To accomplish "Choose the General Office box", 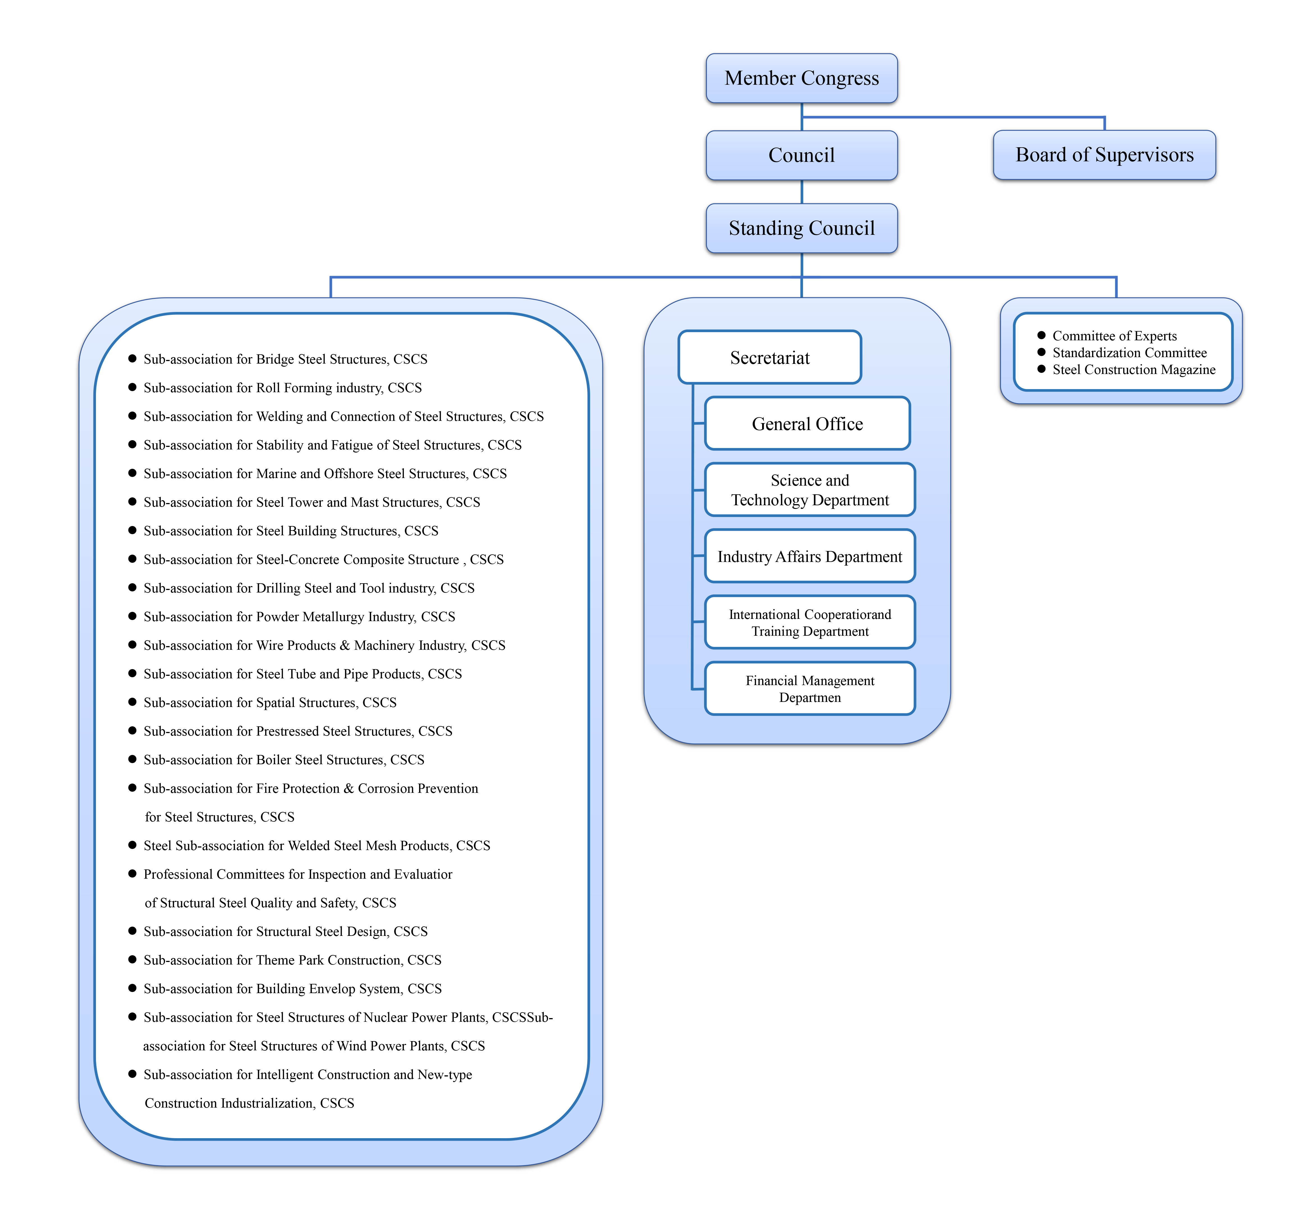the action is click(808, 423).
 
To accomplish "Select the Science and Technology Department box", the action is click(810, 490).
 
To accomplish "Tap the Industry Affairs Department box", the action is click(810, 557).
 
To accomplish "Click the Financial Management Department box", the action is click(810, 689).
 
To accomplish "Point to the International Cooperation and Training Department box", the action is click(810, 622).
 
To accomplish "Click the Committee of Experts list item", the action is click(1115, 336).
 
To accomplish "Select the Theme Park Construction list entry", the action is click(292, 960).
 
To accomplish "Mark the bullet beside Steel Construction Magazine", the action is click(1041, 369).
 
